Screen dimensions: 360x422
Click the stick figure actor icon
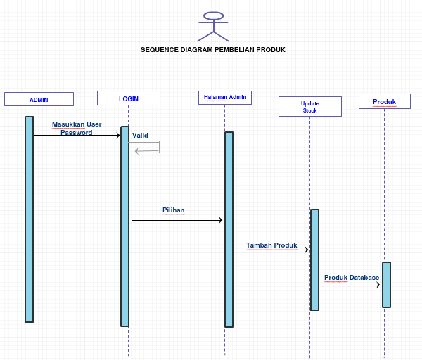[213, 26]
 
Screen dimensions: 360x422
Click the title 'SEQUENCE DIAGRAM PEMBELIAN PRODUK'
[213, 50]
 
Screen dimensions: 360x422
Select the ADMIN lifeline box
[39, 99]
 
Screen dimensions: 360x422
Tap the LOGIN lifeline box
[129, 98]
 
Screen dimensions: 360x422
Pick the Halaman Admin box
[225, 98]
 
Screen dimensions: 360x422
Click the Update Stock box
[309, 106]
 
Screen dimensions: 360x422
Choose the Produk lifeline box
[384, 102]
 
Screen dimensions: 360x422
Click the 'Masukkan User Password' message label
[77, 128]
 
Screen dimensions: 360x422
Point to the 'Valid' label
[140, 136]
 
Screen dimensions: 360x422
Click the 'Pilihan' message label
[174, 210]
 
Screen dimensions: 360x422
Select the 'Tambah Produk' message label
[271, 245]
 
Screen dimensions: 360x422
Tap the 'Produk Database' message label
[352, 278]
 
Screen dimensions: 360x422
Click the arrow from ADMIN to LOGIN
[77, 136]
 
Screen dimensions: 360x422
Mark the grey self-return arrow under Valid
[148, 150]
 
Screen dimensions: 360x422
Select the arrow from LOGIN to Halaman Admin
[177, 221]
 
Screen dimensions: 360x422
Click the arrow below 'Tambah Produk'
[271, 250]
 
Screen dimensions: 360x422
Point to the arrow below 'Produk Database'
[350, 285]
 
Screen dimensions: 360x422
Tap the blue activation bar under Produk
[386, 285]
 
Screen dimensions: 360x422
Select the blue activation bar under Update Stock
[314, 260]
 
